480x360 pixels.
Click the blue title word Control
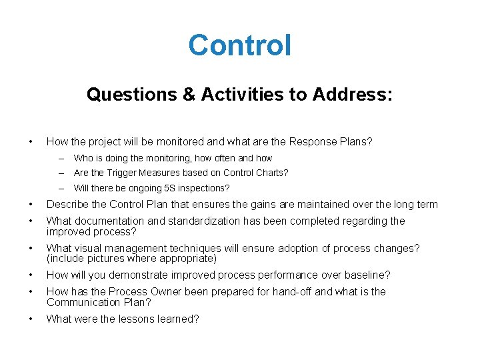(239, 46)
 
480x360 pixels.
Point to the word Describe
(67, 205)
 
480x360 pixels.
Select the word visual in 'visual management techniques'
(87, 248)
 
